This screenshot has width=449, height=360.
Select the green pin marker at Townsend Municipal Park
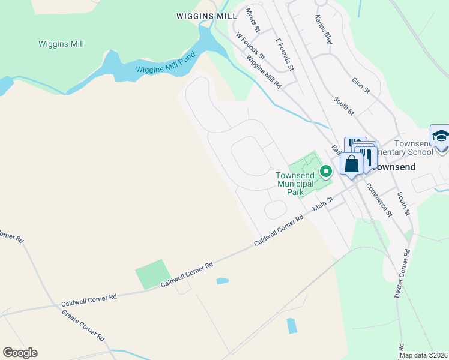326,172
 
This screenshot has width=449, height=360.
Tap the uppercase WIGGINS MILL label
206,16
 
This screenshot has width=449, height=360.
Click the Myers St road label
253,20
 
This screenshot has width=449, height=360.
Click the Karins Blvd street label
323,30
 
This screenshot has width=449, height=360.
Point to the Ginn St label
361,85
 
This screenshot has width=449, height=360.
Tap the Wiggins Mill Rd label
264,71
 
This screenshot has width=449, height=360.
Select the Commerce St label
380,199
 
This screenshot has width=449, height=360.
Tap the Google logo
20,353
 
